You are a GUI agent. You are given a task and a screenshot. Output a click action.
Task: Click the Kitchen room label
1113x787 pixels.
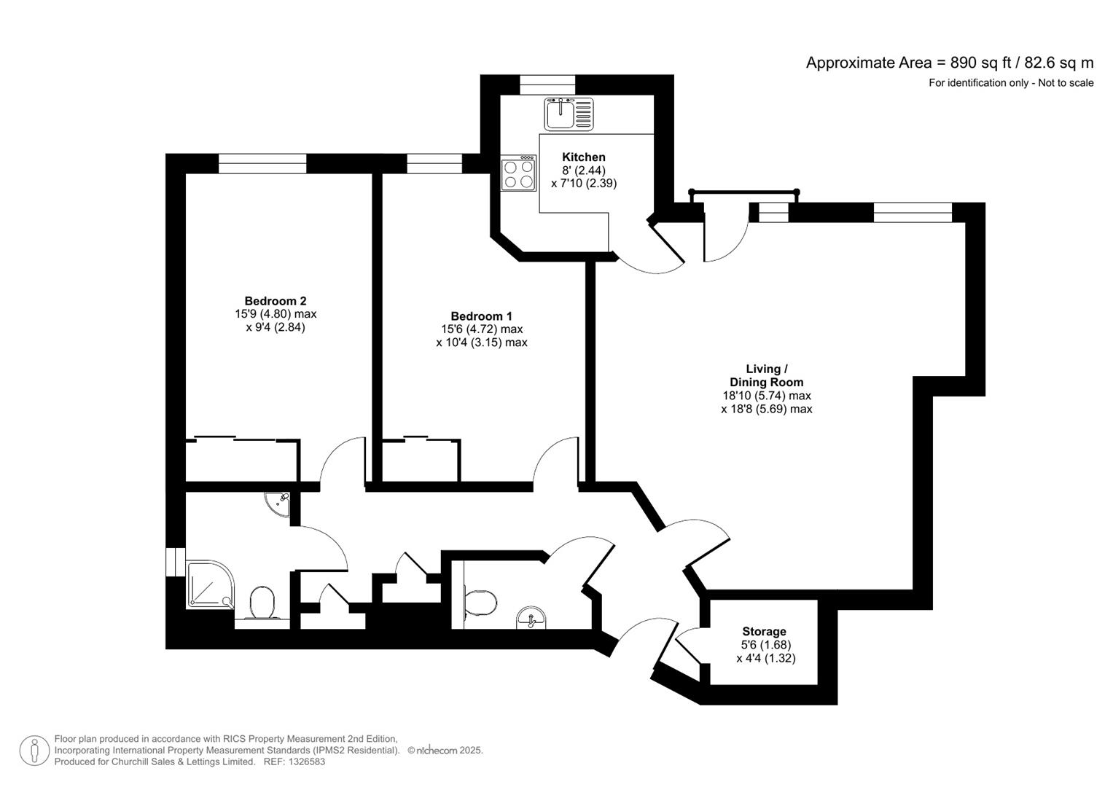coord(584,157)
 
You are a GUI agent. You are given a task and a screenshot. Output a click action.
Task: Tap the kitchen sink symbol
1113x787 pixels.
coord(569,114)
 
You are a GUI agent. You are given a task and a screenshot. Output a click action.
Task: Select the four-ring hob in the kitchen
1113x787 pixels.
coord(518,173)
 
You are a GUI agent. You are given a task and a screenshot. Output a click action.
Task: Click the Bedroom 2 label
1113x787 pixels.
coord(275,301)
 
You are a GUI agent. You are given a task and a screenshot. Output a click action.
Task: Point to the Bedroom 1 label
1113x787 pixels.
coord(481,316)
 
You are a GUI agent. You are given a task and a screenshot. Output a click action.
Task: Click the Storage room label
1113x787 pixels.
coord(764,632)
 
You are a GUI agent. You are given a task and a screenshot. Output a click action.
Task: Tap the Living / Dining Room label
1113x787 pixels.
coord(766,375)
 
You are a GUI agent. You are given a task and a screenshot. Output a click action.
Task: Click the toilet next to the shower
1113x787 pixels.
coord(262,604)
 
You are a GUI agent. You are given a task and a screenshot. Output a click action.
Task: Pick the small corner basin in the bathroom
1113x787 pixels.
coord(278,503)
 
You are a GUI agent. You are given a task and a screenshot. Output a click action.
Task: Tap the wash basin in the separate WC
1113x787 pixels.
coord(532,619)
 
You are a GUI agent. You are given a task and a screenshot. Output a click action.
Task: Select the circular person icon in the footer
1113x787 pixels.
coord(34,751)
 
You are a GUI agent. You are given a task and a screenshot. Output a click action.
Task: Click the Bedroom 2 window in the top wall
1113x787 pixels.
coord(262,163)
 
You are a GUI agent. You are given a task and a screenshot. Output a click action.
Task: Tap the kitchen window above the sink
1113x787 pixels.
coord(547,85)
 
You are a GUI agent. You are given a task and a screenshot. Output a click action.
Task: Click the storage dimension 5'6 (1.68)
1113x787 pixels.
coord(765,645)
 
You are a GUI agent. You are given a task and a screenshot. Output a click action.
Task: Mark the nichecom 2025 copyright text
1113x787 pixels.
coord(445,750)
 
